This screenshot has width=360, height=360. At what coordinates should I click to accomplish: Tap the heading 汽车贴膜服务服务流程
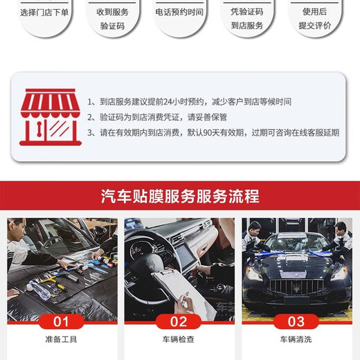tap(180, 197)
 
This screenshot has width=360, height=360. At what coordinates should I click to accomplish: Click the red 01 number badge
tap(62, 321)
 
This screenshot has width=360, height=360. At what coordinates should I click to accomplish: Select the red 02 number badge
tap(179, 321)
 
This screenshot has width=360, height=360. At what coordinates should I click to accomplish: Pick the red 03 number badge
tap(296, 321)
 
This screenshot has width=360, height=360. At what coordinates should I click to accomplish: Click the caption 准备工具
tap(62, 339)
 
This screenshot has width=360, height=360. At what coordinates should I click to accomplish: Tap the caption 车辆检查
tap(179, 339)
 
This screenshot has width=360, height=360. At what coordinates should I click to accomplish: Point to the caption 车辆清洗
tap(296, 339)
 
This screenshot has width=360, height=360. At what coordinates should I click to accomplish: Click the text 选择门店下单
tap(44, 12)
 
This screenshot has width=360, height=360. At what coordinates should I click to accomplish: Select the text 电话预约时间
tap(179, 12)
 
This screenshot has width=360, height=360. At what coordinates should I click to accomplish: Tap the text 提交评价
tap(315, 25)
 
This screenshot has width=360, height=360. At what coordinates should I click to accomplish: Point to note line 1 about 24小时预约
tap(189, 101)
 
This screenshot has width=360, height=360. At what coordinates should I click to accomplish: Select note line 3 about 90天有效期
tap(213, 132)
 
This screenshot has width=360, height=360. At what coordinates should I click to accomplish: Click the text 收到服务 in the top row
tap(111, 12)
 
